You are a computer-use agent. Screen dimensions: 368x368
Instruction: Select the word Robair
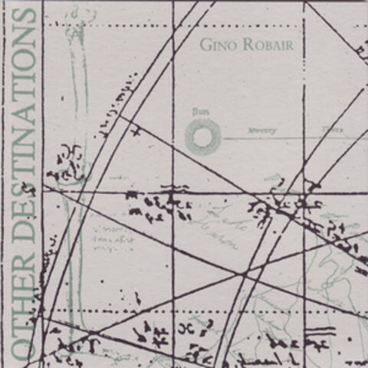tap(267, 44)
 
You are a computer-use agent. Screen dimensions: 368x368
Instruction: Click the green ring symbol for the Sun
tap(203, 138)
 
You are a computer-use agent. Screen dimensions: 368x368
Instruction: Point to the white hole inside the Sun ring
tap(203, 138)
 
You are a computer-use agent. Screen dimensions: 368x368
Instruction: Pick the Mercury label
tap(261, 131)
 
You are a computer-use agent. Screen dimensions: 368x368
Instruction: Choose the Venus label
tap(331, 130)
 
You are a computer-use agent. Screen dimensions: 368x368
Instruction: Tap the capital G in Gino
tap(205, 44)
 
